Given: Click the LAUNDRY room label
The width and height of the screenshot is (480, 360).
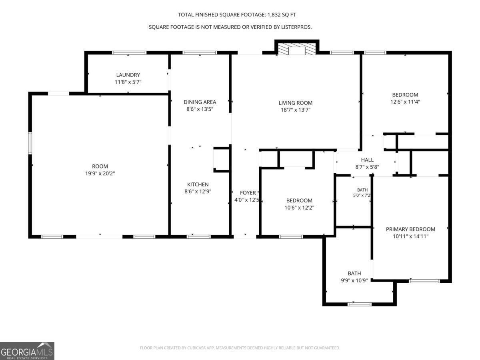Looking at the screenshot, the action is (128, 75).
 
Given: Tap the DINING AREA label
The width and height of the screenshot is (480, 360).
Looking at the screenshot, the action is (200, 102).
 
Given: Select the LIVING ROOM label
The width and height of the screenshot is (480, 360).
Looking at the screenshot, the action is (296, 103).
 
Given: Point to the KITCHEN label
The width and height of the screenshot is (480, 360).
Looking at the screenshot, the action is (198, 184).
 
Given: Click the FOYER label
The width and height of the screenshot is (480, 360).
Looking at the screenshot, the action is (248, 193).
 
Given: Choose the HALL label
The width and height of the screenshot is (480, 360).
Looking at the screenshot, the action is (367, 160).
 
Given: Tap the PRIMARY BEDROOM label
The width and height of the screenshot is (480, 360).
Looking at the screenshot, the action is (410, 229).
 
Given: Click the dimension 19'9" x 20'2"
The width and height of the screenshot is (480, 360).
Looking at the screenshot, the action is (100, 174).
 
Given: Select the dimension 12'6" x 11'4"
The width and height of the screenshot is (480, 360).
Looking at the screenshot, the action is (405, 102).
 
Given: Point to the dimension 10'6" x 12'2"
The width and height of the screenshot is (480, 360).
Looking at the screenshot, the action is (299, 208).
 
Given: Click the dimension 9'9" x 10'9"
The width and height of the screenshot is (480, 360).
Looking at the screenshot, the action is (354, 280).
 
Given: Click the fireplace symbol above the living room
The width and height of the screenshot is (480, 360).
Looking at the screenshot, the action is (297, 49).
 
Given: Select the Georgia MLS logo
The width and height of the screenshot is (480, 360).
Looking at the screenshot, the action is (27, 351).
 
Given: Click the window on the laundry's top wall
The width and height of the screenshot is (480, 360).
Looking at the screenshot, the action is (129, 53).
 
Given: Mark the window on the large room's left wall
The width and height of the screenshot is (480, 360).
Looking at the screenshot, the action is (30, 143).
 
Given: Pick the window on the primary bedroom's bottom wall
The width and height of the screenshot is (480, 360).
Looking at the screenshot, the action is (424, 281).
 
